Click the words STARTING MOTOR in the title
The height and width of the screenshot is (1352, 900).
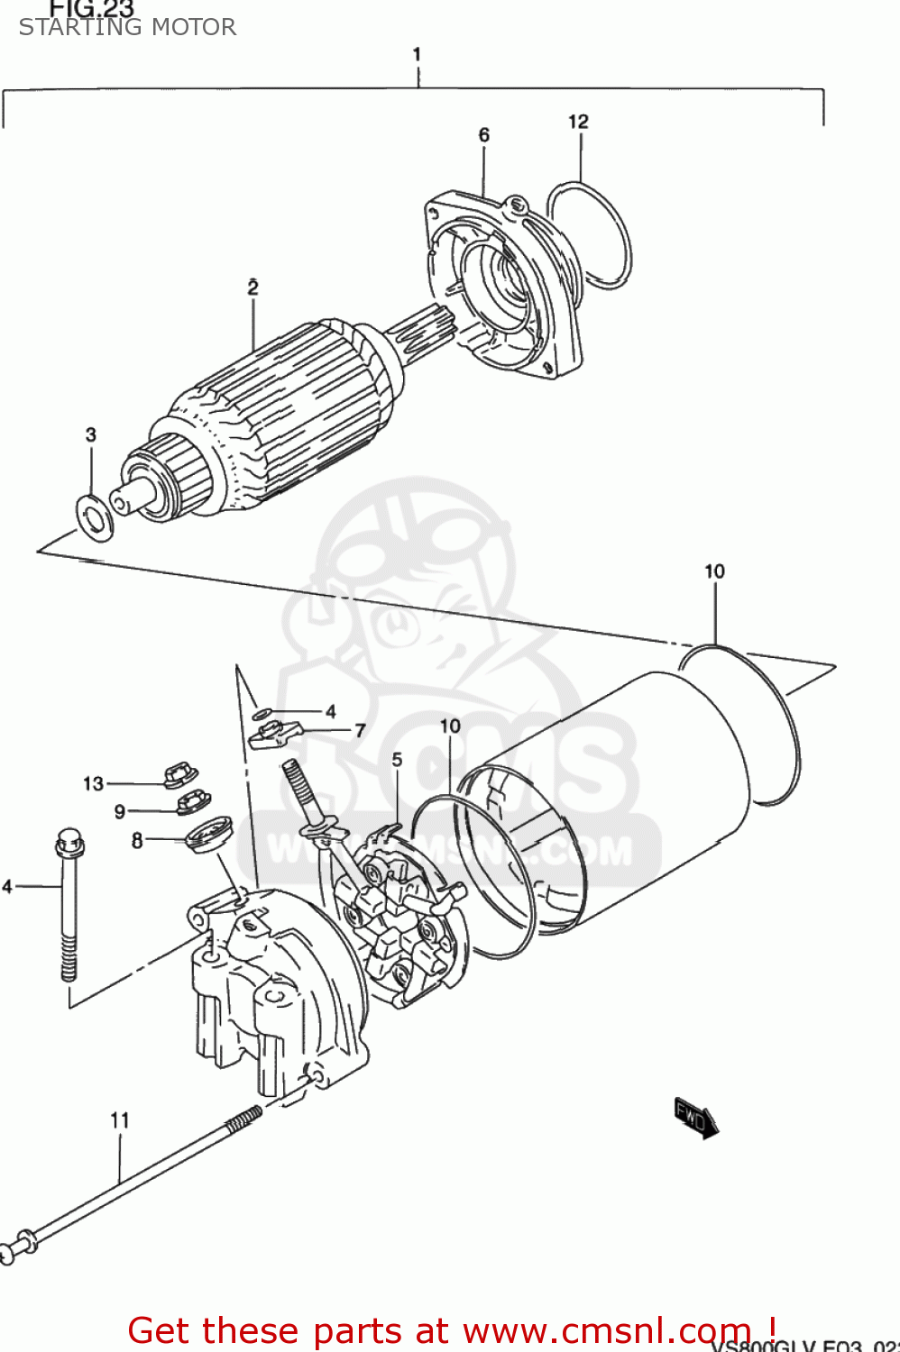127,27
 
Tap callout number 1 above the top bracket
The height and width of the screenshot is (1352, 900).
417,55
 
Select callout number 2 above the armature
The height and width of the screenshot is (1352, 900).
253,288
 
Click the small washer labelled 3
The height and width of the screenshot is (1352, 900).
93,517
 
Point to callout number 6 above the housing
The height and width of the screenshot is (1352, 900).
484,135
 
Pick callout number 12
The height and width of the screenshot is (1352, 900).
578,122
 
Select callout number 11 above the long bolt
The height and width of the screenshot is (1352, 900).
120,1120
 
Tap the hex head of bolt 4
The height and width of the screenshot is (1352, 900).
69,845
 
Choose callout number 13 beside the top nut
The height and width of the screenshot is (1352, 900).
93,783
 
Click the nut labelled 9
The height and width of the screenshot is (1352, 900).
191,801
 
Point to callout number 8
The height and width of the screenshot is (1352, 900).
137,841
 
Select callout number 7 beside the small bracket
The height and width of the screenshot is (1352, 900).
360,730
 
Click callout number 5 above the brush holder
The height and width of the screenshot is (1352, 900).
397,760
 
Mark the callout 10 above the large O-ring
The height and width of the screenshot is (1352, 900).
714,571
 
